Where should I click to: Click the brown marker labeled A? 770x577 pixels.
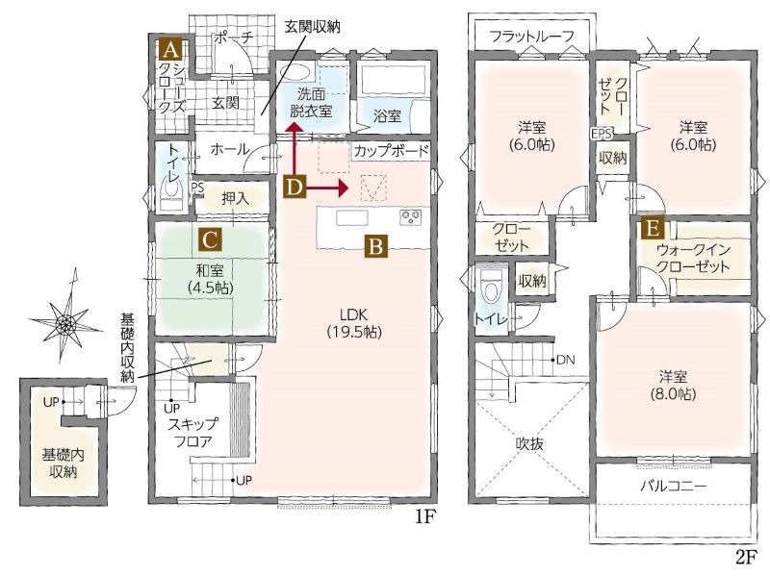click(170, 50)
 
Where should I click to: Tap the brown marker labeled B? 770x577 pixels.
click(375, 246)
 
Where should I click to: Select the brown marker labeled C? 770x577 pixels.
click(210, 240)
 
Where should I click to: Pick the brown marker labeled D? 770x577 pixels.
click(294, 188)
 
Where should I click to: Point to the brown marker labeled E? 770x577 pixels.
click(653, 229)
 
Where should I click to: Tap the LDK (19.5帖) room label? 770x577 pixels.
click(354, 323)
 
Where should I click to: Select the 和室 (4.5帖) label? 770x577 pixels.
click(210, 279)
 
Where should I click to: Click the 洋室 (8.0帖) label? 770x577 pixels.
click(673, 386)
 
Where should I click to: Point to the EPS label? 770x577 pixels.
click(603, 134)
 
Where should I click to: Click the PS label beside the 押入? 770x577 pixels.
click(197, 187)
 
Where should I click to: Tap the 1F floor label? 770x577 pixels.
click(424, 517)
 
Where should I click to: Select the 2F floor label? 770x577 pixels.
click(746, 557)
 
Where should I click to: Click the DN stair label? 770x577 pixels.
click(565, 360)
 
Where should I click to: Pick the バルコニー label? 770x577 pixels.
click(673, 486)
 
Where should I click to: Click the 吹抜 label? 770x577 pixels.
click(529, 443)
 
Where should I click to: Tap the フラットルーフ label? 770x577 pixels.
click(532, 36)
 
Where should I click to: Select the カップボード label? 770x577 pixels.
click(392, 151)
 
